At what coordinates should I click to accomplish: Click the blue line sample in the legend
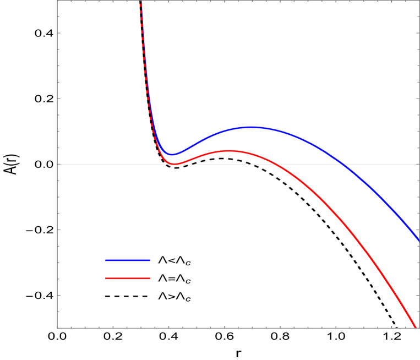point(128,260)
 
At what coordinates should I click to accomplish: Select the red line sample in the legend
point(128,278)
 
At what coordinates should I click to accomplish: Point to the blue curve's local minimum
point(171,155)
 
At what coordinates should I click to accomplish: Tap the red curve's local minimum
point(174,163)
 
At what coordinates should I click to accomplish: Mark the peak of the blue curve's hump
point(252,127)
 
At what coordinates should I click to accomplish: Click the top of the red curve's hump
point(228,150)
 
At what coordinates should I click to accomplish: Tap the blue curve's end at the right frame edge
point(418,241)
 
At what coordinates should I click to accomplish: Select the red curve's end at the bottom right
point(414,326)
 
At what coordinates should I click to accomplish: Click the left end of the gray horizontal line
point(58,164)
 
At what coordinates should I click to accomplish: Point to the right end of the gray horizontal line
point(418,164)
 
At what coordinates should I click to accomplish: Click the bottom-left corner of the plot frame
point(57,328)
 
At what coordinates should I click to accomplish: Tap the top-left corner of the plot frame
point(57,1)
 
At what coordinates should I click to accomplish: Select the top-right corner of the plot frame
point(419,1)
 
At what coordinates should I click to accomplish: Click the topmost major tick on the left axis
point(59,33)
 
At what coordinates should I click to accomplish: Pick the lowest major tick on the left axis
point(59,295)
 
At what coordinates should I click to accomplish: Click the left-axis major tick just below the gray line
point(59,230)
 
